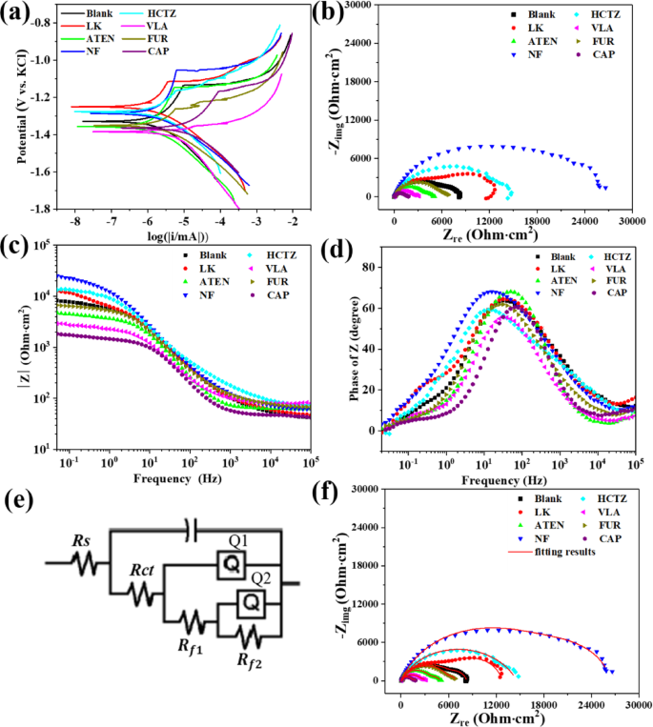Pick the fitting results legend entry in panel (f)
pyautogui.click(x=573, y=551)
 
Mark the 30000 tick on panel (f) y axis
pyautogui.click(x=372, y=489)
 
